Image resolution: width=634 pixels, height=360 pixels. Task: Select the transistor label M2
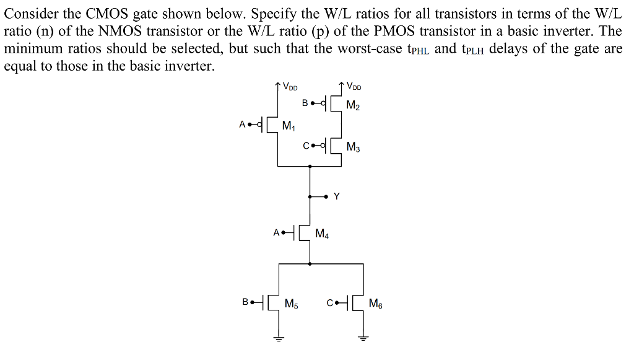[354, 106]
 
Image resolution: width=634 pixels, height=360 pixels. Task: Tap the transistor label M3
[354, 147]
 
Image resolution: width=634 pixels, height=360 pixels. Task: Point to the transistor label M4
[322, 234]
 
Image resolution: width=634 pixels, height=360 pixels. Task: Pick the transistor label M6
[376, 304]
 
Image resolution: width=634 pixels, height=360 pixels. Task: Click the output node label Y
[337, 196]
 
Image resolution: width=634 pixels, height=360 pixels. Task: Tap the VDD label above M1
[290, 86]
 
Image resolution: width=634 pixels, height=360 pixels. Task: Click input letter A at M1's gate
[242, 125]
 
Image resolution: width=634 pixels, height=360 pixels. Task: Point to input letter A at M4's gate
[276, 233]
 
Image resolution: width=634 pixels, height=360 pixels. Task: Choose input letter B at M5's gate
[246, 302]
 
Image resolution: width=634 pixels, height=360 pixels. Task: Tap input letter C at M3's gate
[306, 146]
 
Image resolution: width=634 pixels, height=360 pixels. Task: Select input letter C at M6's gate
[330, 302]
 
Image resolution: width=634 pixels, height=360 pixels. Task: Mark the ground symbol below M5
[279, 338]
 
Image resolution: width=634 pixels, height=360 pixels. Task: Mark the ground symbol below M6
[363, 338]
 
